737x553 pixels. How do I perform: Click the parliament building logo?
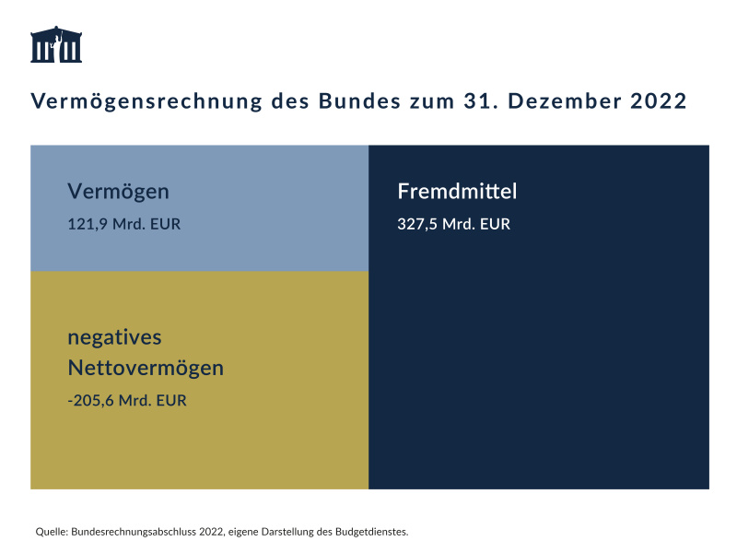tap(56, 45)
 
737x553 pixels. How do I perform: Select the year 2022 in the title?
tap(659, 101)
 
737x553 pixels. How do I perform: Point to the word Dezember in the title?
tap(562, 101)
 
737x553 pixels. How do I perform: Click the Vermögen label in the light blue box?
tap(118, 192)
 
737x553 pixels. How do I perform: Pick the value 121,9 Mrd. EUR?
tap(123, 224)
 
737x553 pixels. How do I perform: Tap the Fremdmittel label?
tap(457, 192)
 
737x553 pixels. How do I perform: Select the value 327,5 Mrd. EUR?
tap(453, 224)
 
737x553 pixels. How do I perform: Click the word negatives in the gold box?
tap(114, 336)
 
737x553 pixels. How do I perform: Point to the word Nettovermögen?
tap(146, 368)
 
